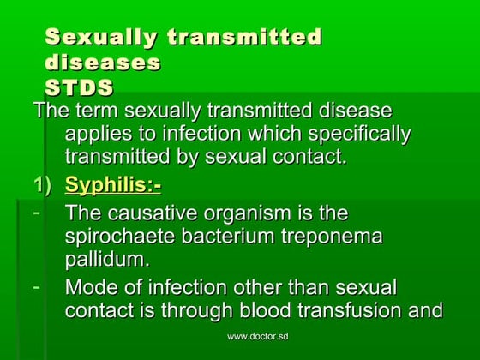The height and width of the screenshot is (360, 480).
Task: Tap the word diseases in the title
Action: tap(103, 63)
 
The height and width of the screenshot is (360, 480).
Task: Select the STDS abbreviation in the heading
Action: tap(79, 88)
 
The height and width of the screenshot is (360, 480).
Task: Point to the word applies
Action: tap(98, 134)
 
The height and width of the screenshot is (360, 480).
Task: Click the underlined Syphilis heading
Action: tap(112, 184)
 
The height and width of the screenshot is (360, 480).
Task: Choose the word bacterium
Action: tap(238, 236)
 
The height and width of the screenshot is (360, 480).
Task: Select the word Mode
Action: tap(91, 287)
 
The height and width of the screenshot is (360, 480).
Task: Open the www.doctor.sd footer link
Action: tap(257, 337)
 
